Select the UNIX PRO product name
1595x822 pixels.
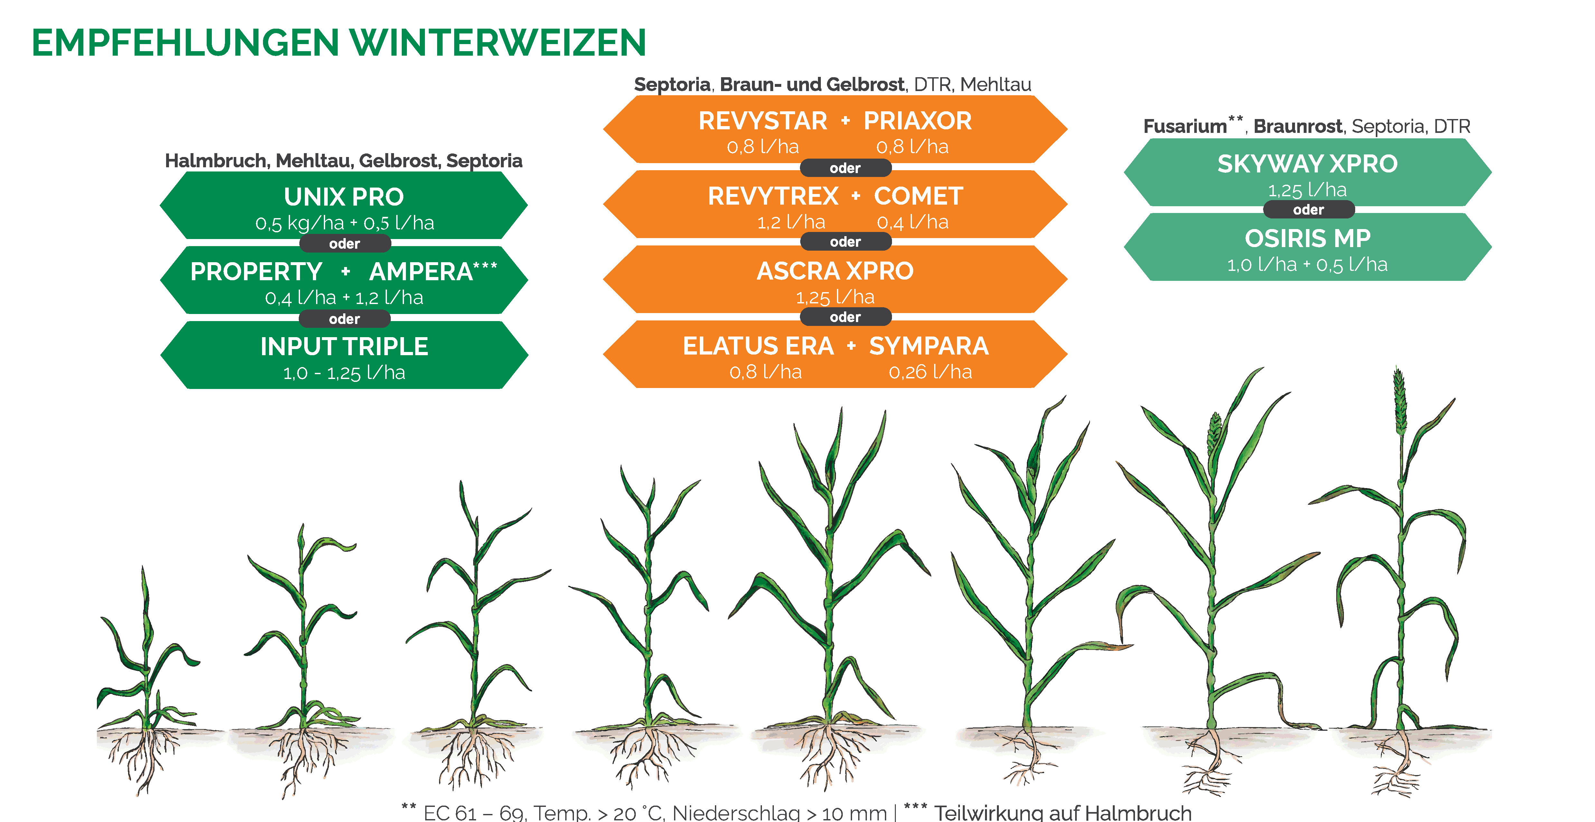[344, 197]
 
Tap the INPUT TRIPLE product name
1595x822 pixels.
[344, 346]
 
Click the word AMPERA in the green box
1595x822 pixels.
[421, 272]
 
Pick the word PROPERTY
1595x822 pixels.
[256, 272]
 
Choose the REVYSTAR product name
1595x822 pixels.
[763, 121]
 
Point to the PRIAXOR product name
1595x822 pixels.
[918, 121]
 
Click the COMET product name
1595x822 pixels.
[918, 196]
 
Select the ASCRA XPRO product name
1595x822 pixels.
[835, 271]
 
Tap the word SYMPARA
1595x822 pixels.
[929, 346]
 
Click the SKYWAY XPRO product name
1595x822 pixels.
[1308, 164]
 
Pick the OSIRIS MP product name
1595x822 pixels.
[1308, 238]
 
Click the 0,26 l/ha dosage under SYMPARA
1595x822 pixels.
[930, 372]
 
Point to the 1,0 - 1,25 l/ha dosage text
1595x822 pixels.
[344, 373]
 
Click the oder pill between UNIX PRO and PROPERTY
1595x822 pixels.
[344, 243]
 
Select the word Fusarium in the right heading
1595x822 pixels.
[1185, 126]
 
